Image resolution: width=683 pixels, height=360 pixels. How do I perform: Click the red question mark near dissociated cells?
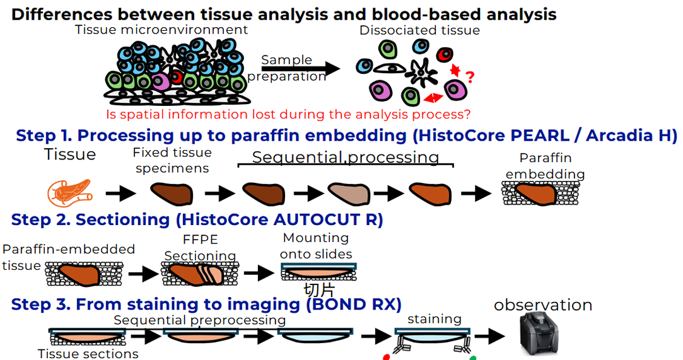(469, 78)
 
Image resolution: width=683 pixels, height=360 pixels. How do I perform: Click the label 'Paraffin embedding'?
(545, 166)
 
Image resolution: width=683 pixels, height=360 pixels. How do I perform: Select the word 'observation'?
(543, 306)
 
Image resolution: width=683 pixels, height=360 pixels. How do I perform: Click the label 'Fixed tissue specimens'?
(172, 161)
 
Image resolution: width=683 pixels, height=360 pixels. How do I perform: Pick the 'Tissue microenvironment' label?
(161, 30)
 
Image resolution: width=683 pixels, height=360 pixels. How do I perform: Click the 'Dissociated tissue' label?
(419, 30)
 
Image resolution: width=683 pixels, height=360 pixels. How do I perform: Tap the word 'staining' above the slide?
(434, 319)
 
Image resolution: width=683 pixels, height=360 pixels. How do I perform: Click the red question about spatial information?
(289, 115)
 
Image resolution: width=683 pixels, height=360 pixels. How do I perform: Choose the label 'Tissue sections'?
(88, 354)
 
